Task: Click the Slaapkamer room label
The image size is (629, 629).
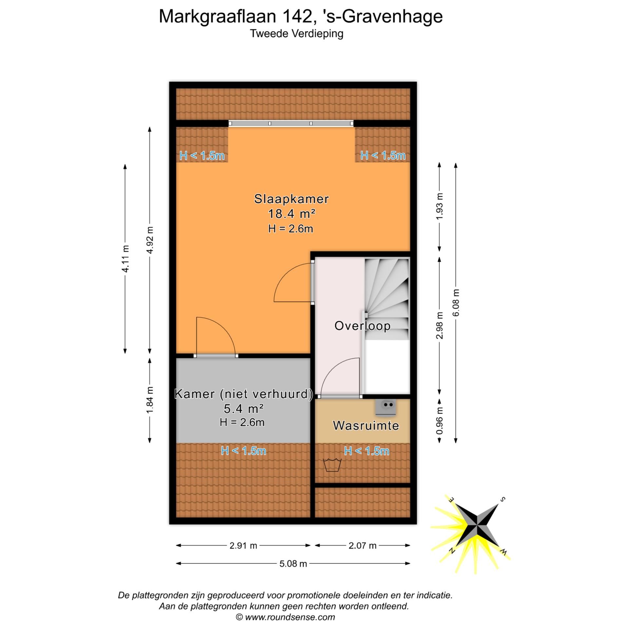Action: click(291, 199)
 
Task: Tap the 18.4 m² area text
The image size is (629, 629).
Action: click(291, 214)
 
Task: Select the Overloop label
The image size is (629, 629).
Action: click(362, 326)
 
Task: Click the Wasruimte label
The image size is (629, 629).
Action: click(366, 426)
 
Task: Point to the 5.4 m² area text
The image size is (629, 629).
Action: click(243, 409)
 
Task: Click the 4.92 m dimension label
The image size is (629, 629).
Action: click(150, 240)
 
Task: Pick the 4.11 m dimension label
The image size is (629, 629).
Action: click(125, 258)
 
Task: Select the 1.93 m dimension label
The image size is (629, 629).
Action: click(440, 206)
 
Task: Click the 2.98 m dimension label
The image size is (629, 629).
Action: click(440, 325)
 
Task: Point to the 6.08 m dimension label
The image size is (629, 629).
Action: click(456, 302)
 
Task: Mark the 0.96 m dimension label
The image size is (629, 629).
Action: click(440, 421)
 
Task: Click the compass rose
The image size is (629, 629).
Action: click(477, 529)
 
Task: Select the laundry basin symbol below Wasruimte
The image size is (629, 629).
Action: click(332, 465)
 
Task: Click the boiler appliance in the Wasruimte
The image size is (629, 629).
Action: click(386, 407)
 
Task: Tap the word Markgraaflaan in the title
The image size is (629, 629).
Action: click(218, 16)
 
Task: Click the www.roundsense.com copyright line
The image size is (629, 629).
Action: click(285, 617)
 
